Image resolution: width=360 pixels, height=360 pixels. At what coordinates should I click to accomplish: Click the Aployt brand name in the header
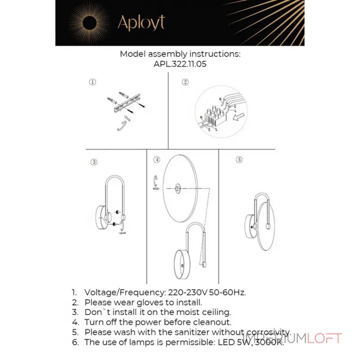click(141, 22)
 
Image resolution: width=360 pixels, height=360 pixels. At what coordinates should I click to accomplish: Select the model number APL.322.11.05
click(180, 64)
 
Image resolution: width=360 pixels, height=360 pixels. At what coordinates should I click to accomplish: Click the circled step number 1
click(92, 82)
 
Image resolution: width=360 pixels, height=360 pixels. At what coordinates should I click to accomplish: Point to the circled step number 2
click(185, 82)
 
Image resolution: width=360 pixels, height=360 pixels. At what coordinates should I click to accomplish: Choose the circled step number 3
click(94, 162)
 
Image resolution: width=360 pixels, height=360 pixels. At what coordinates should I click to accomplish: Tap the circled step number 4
click(157, 160)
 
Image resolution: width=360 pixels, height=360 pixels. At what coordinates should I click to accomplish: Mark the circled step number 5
click(239, 160)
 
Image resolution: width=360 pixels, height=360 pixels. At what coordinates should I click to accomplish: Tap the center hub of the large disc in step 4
click(178, 189)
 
